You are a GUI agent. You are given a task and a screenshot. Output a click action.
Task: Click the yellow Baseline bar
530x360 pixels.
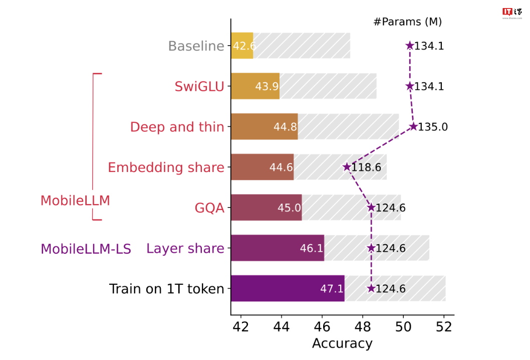click(242, 46)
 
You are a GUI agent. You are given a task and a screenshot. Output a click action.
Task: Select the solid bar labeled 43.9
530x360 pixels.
click(255, 86)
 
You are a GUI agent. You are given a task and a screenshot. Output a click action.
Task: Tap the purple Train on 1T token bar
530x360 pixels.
click(288, 288)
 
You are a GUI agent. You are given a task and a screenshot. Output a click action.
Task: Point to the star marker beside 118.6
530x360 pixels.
click(347, 167)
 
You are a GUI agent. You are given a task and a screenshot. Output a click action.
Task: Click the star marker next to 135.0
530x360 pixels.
click(413, 126)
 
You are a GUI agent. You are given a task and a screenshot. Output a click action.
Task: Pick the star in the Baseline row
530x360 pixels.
click(409, 46)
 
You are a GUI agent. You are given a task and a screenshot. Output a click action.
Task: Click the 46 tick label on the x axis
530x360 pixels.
click(322, 326)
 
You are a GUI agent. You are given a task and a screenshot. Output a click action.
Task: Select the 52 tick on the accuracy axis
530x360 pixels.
click(444, 326)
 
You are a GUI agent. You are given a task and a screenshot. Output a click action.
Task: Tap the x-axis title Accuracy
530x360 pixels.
click(342, 343)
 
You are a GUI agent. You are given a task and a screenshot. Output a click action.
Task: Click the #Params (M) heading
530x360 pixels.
click(408, 22)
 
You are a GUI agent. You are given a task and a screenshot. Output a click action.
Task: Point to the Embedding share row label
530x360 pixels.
click(166, 167)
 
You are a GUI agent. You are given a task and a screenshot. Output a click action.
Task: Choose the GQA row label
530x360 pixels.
click(209, 208)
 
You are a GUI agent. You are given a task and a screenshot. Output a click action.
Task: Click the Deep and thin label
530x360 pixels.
click(177, 127)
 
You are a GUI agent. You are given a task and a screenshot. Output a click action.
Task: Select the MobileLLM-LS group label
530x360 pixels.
click(86, 249)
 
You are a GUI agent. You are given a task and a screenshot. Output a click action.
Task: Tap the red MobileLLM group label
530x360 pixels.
click(75, 201)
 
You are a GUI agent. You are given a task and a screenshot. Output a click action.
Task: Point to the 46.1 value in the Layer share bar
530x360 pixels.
click(311, 248)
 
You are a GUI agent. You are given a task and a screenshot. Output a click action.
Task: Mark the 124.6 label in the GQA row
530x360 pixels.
click(391, 208)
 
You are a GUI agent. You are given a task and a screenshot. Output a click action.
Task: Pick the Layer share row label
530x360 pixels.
click(185, 248)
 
